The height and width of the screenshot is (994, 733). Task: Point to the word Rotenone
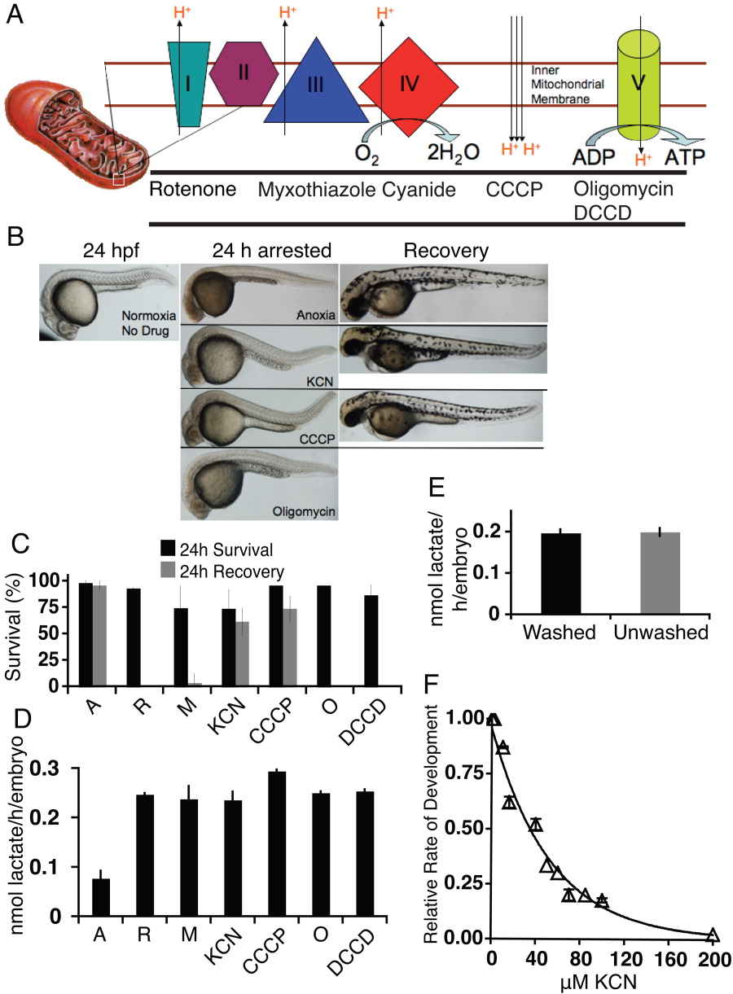tap(192, 190)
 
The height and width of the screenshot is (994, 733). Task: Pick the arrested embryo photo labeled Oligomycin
tap(259, 483)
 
